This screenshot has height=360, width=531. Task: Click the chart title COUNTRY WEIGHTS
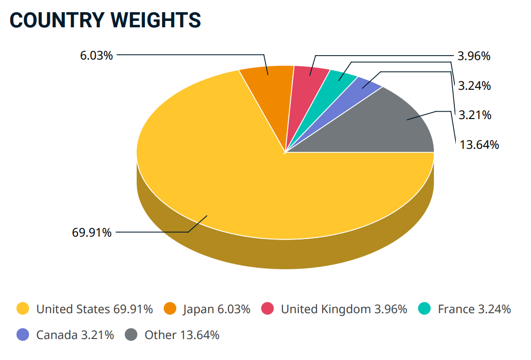105,20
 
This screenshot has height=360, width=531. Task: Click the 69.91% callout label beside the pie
92,233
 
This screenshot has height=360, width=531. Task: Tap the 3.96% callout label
474,56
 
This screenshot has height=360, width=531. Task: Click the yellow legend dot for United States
23,309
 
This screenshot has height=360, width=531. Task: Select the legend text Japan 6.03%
217,309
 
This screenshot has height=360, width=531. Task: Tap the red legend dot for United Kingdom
267,309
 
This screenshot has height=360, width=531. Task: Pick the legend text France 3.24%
474,309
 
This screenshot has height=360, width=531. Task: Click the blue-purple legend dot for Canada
23,335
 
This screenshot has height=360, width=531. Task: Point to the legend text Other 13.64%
182,335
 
